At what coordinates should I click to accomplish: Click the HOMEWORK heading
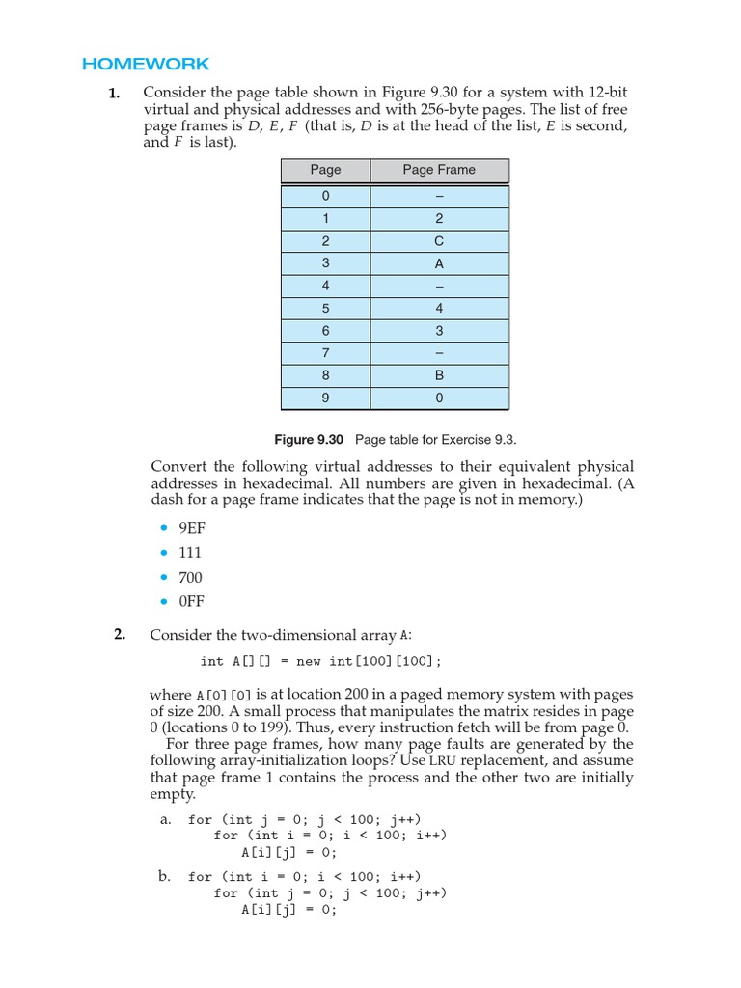coord(146,65)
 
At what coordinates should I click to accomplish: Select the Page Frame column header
coord(439,170)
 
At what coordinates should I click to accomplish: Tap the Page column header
coord(325,170)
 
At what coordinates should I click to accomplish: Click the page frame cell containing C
coord(439,240)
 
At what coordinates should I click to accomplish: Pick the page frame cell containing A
coord(439,263)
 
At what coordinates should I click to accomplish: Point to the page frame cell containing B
coord(439,376)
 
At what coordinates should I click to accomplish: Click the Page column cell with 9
coord(325,398)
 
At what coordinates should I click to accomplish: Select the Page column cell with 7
coord(325,353)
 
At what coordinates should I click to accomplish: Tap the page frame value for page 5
coord(439,309)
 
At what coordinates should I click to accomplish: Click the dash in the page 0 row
coord(439,196)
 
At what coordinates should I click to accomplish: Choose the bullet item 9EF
coord(192,528)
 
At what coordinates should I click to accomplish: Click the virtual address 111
coord(190,553)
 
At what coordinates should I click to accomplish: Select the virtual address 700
coord(190,577)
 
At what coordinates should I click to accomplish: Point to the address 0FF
coord(192,601)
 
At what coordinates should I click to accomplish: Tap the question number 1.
coord(114,94)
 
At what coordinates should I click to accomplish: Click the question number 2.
coord(119,634)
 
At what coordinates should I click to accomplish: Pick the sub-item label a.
coord(165,819)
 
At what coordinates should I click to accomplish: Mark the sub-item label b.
coord(165,876)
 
